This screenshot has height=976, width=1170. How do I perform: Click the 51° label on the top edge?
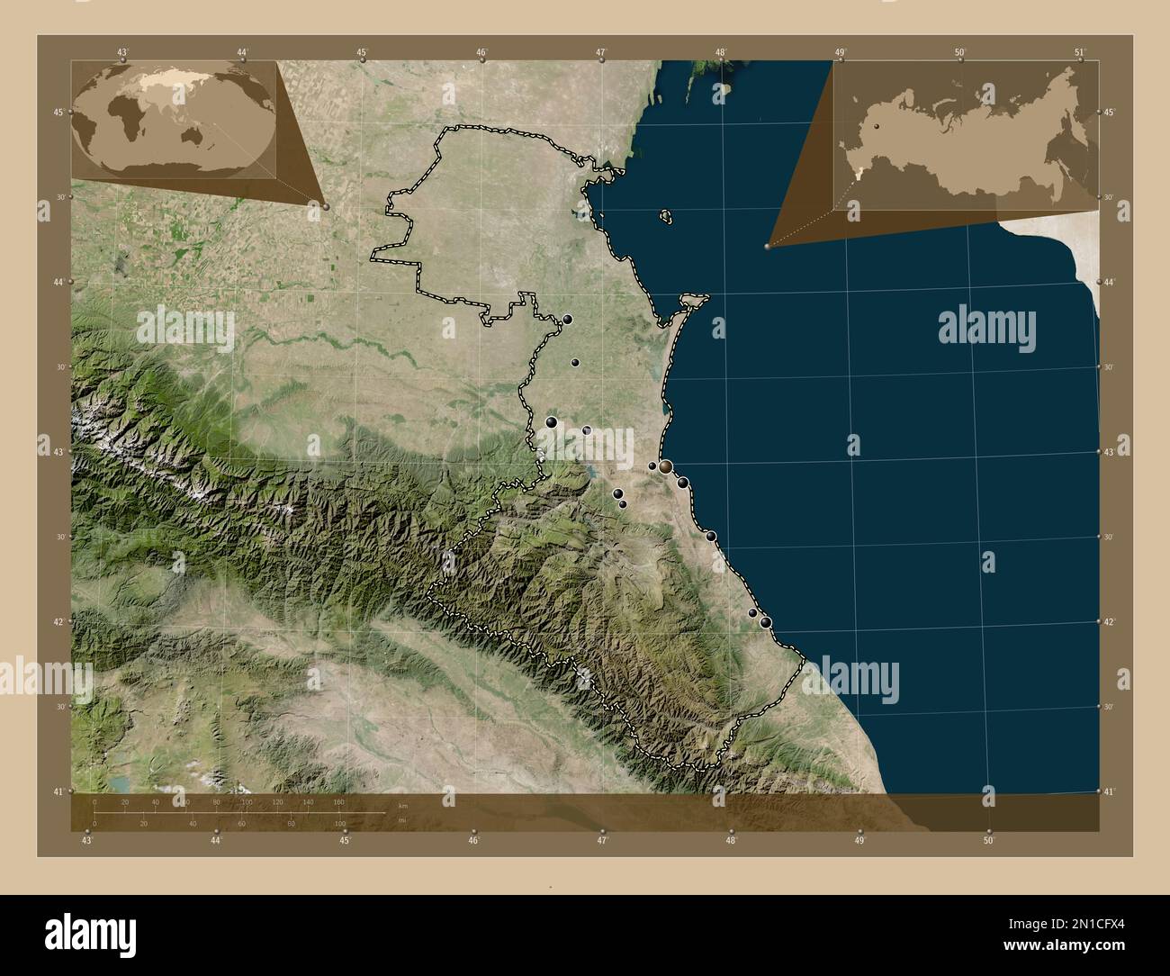[x=1081, y=52]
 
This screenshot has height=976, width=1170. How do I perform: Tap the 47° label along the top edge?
[x=601, y=52]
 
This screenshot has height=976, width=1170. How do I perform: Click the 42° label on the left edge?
[x=58, y=621]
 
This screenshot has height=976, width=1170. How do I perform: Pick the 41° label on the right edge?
[x=1109, y=791]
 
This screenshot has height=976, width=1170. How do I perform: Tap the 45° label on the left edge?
[x=58, y=113]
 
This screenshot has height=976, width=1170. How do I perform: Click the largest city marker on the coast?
[x=665, y=466]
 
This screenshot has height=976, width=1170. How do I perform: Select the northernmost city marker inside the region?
[x=568, y=319]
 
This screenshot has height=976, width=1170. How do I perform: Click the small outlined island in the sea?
[x=666, y=216]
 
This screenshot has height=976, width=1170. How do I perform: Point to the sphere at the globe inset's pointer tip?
[x=325, y=206]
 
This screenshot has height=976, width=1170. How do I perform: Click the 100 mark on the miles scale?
[x=339, y=823]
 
